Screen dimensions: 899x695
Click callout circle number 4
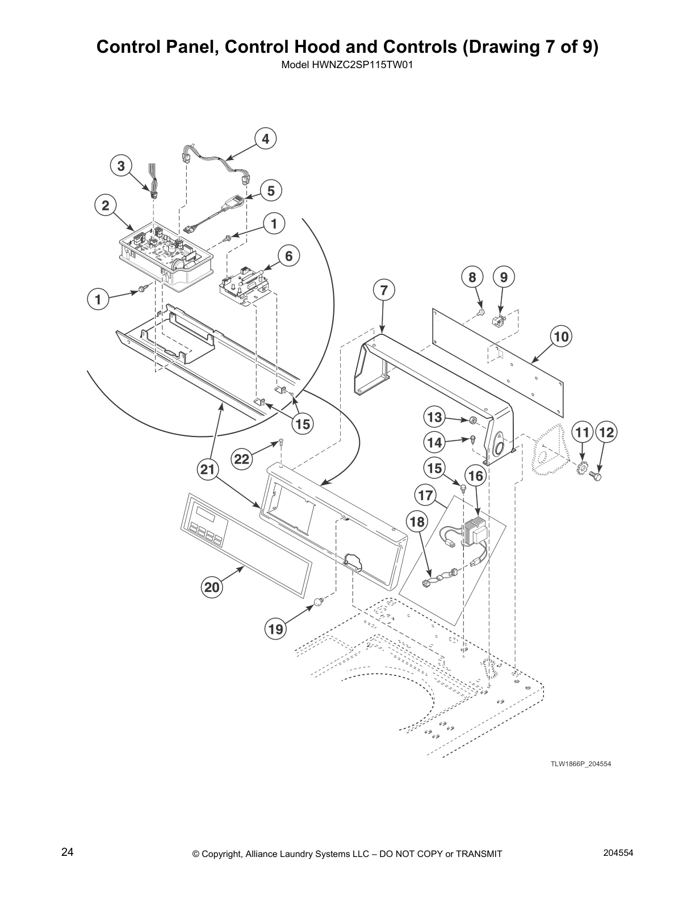[x=265, y=139]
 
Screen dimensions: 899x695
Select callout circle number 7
[x=384, y=290]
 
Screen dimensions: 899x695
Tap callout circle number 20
[x=212, y=587]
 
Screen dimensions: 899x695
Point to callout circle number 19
[x=276, y=629]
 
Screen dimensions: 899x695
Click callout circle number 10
[x=561, y=337]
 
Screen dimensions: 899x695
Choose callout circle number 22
[x=242, y=459]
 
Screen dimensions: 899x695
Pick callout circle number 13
[x=434, y=418]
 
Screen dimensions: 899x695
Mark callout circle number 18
[x=417, y=522]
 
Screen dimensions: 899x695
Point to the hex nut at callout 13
[x=472, y=421]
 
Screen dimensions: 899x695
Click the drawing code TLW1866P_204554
[x=580, y=764]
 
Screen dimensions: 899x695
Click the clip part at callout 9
[x=498, y=321]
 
